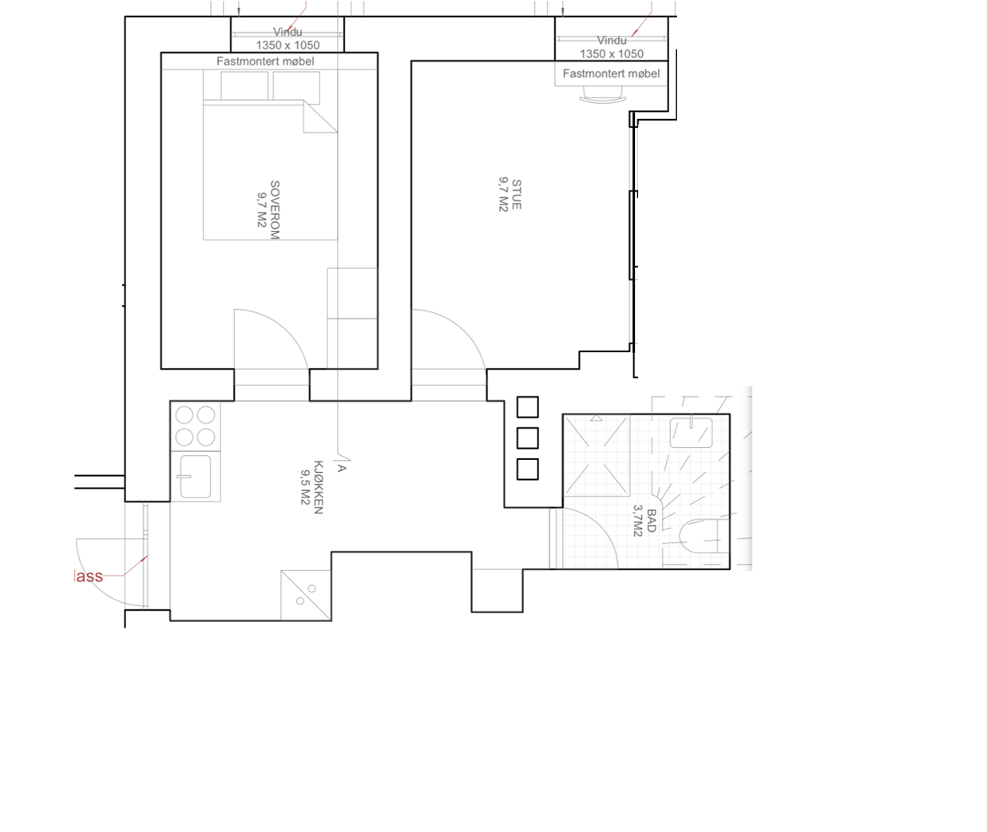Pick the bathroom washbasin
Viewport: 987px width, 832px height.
click(x=691, y=433)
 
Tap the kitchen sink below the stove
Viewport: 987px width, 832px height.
click(x=195, y=477)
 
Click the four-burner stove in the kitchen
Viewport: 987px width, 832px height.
click(x=196, y=426)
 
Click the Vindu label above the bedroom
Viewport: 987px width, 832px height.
click(x=287, y=32)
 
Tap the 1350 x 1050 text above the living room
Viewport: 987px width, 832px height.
click(x=612, y=53)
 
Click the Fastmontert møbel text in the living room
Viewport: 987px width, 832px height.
click(x=611, y=73)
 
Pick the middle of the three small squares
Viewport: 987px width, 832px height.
click(x=527, y=438)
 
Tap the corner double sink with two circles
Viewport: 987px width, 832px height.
click(x=305, y=594)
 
